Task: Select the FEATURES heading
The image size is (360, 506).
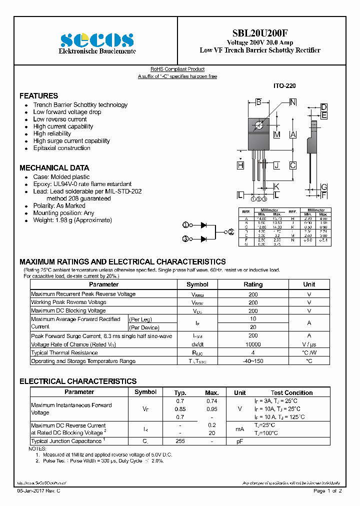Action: [x=38, y=95]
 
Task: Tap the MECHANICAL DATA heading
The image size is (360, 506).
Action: [x=54, y=168]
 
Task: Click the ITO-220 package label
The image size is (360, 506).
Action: [x=284, y=86]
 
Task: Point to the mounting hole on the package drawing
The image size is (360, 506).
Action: [x=259, y=125]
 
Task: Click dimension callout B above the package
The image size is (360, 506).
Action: [x=258, y=102]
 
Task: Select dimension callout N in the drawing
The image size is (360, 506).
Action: [x=293, y=102]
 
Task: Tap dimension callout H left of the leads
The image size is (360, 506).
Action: [x=240, y=165]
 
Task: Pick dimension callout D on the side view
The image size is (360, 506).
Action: [x=324, y=107]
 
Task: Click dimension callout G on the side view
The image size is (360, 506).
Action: [x=324, y=186]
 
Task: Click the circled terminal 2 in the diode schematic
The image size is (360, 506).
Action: [x=231, y=232]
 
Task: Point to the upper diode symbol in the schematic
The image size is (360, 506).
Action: [x=203, y=225]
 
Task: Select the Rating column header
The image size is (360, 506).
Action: [x=253, y=284]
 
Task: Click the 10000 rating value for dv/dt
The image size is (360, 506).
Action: [x=253, y=344]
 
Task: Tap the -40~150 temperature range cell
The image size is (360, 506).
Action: [x=253, y=361]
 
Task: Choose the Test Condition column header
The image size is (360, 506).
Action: [x=291, y=392]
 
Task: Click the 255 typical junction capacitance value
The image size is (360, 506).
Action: [x=180, y=441]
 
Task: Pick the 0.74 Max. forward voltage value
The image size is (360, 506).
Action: [x=212, y=401]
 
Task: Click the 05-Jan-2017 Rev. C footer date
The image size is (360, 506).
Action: [x=39, y=491]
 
